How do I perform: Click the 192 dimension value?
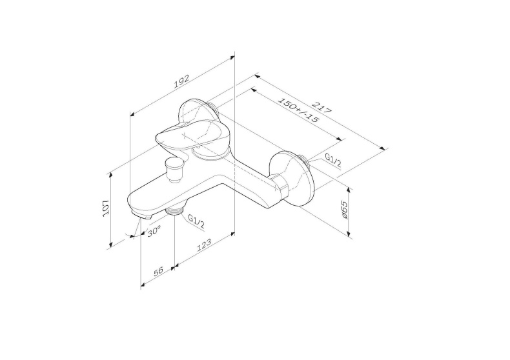coord(181,81)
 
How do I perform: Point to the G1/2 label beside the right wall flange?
coord(333,159)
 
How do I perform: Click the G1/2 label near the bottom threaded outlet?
coord(196,223)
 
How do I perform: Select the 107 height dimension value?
coord(106,208)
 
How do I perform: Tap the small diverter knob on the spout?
coord(174,169)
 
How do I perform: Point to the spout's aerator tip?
coord(139,214)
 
